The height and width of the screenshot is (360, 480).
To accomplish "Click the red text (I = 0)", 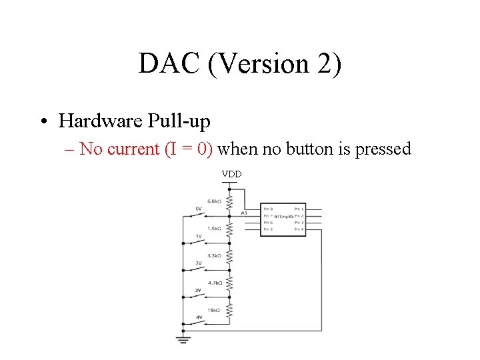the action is pyautogui.click(x=188, y=149).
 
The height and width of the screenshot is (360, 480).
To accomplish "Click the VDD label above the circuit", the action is pyautogui.click(x=231, y=174).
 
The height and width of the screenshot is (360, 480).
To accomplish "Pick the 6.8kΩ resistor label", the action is pyautogui.click(x=215, y=201).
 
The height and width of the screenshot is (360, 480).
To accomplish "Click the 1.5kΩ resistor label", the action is pyautogui.click(x=215, y=228).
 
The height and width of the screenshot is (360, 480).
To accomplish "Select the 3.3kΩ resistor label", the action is pyautogui.click(x=215, y=255).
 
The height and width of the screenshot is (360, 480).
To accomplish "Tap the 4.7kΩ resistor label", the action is pyautogui.click(x=215, y=283).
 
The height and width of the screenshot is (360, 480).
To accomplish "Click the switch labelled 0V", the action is pyautogui.click(x=199, y=215).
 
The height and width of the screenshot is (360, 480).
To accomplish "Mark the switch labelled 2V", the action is pyautogui.click(x=199, y=269).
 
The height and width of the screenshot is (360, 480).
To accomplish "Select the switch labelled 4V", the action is pyautogui.click(x=199, y=323).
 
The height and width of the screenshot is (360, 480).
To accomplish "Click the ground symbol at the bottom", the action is pyautogui.click(x=183, y=339).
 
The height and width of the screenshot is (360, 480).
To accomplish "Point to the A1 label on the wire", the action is pyautogui.click(x=245, y=213).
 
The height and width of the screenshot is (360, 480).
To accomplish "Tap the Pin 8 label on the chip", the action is pyautogui.click(x=267, y=209).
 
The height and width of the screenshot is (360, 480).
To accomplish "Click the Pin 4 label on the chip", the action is pyautogui.click(x=298, y=229).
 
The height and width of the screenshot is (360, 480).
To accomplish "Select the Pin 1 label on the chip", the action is pyautogui.click(x=298, y=209).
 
